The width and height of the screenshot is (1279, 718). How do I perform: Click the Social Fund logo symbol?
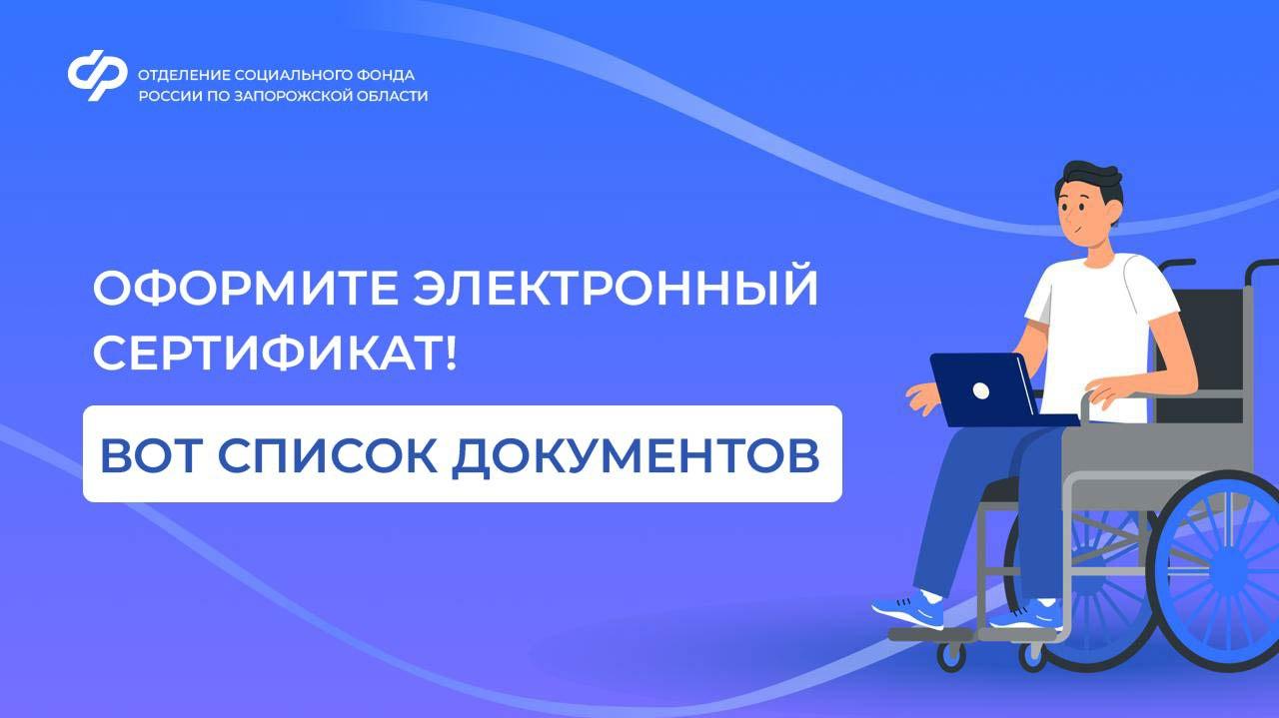(97, 75)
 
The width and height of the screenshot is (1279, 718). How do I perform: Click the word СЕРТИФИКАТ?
(266, 354)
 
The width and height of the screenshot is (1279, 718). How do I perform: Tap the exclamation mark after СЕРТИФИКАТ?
(451, 354)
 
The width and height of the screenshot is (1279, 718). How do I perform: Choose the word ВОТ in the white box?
(151, 455)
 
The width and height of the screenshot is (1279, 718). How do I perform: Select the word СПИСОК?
(327, 455)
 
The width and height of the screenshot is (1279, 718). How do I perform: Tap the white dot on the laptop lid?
(980, 391)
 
